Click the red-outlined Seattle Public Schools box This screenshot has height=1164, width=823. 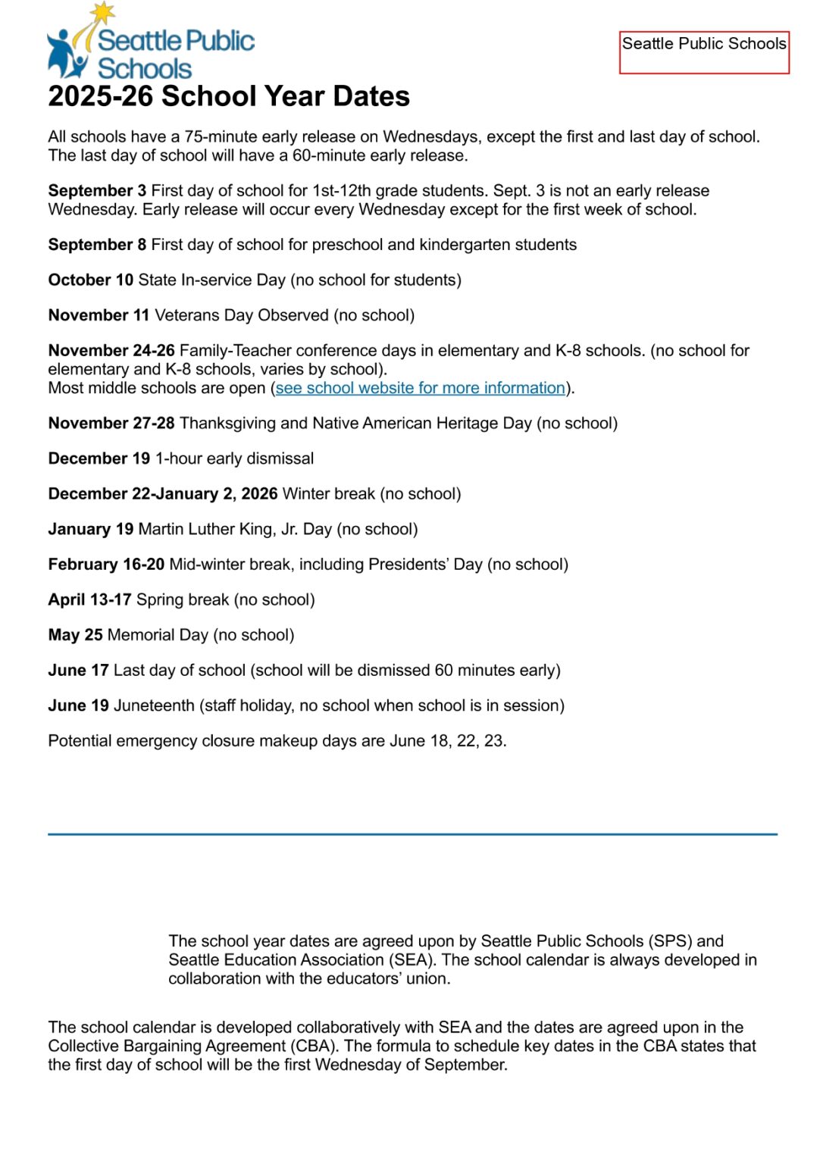pyautogui.click(x=704, y=52)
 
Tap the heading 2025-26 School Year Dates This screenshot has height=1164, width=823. pyautogui.click(x=229, y=97)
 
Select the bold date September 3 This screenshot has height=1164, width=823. pyautogui.click(x=97, y=191)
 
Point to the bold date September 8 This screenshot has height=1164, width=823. pyautogui.click(x=97, y=245)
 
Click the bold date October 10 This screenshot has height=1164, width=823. pyautogui.click(x=91, y=280)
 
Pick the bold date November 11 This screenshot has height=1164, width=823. pyautogui.click(x=99, y=315)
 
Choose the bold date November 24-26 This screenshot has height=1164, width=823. pyautogui.click(x=111, y=351)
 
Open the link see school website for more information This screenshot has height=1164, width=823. pyautogui.click(x=421, y=388)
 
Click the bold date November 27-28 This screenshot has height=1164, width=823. pyautogui.click(x=111, y=424)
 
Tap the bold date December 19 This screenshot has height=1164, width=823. pyautogui.click(x=99, y=459)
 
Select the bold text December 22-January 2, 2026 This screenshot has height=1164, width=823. pyautogui.click(x=163, y=494)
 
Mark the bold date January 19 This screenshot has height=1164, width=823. pyautogui.click(x=91, y=530)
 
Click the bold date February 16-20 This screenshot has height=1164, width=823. pyautogui.click(x=106, y=565)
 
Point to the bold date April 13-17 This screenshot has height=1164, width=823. pyautogui.click(x=89, y=600)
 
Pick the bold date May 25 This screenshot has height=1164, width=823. pyautogui.click(x=75, y=635)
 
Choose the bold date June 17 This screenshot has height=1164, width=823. pyautogui.click(x=78, y=671)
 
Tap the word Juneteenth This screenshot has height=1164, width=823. pyautogui.click(x=154, y=706)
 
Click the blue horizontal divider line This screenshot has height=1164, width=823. pyautogui.click(x=412, y=834)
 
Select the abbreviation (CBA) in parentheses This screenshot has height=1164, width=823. pyautogui.click(x=313, y=1047)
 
